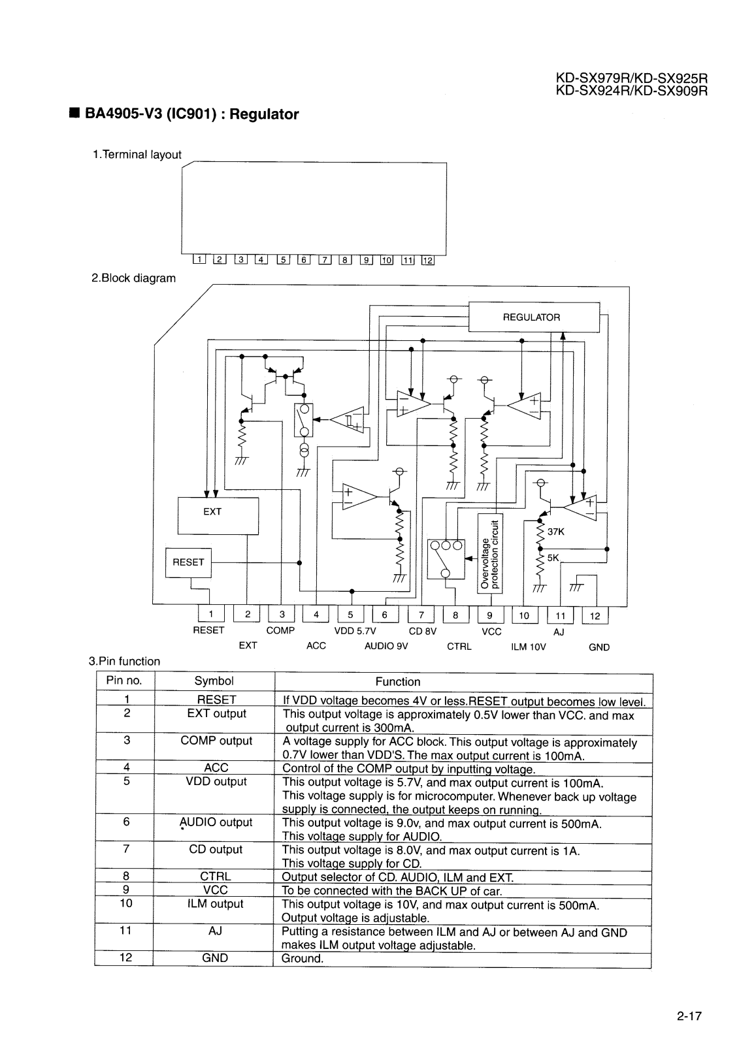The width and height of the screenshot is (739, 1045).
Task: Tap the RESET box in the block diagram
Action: point(189,562)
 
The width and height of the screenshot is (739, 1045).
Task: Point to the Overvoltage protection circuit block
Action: point(489,553)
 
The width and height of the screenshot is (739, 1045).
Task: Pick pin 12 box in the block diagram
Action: point(595,615)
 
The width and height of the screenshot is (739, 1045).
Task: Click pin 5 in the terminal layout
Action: point(284,260)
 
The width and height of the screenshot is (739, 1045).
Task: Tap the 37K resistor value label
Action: point(555,532)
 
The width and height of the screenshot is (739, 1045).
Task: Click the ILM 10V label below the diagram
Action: point(528,647)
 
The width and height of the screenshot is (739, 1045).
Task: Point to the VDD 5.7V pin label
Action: point(355,631)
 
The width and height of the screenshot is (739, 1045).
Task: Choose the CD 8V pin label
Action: point(422,631)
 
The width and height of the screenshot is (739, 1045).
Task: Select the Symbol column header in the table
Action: point(214,681)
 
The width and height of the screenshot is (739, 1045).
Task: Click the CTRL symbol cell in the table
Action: point(216,876)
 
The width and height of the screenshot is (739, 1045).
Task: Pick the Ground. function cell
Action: point(303,959)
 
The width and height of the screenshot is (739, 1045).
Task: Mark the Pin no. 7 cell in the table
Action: point(126,849)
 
